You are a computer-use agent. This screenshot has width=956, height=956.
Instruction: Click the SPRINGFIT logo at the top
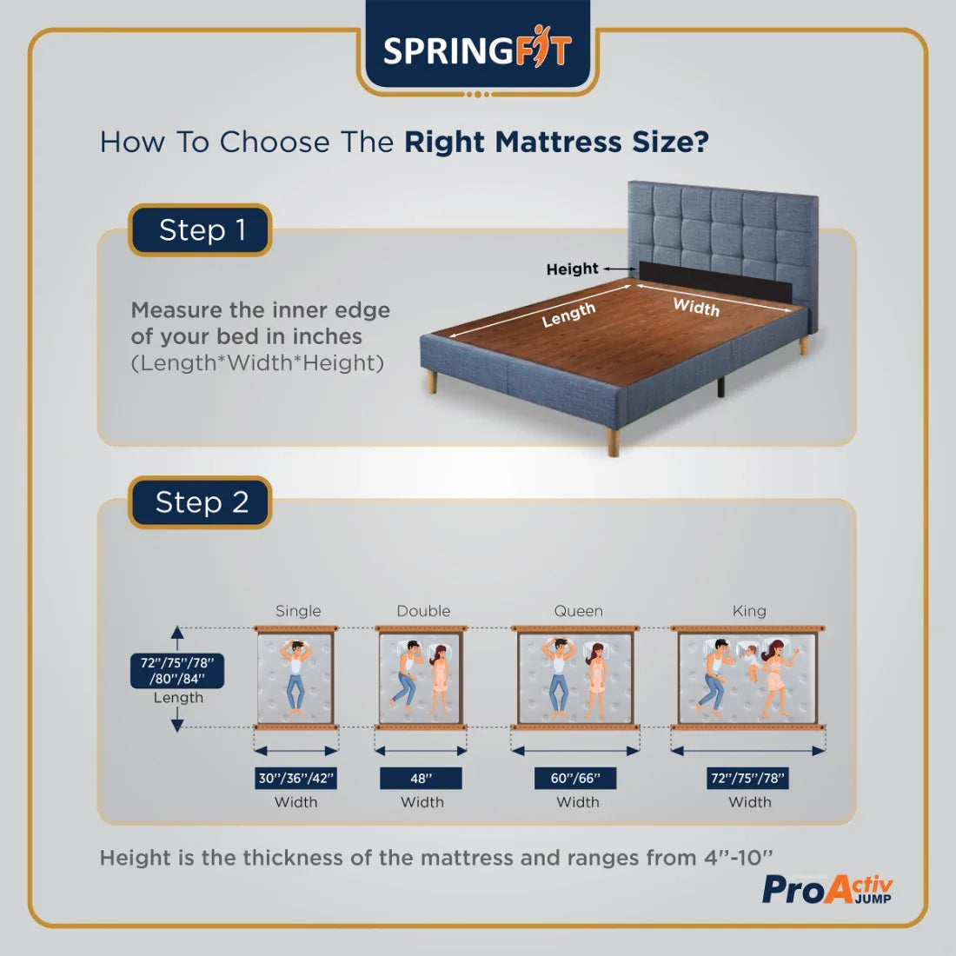[x=477, y=50]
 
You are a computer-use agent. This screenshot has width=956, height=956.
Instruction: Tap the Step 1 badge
[x=201, y=230]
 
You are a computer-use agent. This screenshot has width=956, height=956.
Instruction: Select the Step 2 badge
[x=201, y=502]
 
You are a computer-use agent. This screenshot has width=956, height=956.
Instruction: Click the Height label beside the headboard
[x=572, y=269]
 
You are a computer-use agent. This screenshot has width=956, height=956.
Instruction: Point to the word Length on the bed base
[x=568, y=315]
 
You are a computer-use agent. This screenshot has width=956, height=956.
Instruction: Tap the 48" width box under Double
[x=421, y=778]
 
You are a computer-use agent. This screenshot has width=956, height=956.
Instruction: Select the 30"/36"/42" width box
[x=295, y=778]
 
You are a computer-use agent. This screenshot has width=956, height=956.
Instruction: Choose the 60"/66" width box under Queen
[x=575, y=778]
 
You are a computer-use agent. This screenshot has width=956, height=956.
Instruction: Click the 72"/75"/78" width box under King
[x=748, y=778]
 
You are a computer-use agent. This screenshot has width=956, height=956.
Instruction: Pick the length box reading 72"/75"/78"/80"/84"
[x=177, y=672]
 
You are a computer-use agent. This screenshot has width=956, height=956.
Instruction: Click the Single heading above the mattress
[x=298, y=611]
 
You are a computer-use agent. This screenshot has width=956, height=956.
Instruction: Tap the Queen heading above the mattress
[x=578, y=611]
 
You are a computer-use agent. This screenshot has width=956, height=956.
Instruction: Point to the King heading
[x=749, y=611]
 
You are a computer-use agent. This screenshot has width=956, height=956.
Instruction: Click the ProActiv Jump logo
[x=827, y=888]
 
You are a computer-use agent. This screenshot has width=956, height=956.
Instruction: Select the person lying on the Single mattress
[x=295, y=674]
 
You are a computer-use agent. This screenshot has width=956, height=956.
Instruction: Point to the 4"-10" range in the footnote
[x=738, y=858]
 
